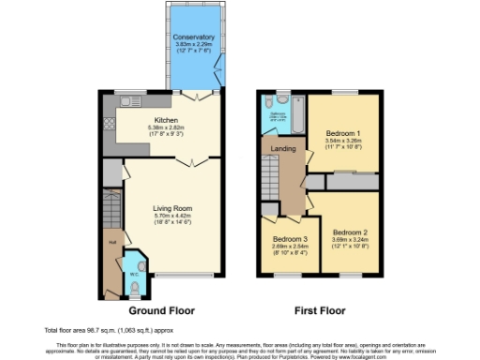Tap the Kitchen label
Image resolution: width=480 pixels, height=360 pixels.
(167, 120)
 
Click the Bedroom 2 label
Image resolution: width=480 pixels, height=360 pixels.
(350, 231)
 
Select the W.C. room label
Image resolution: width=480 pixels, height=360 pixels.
(135, 262)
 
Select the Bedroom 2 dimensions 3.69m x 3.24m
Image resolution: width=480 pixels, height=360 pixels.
(350, 238)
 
